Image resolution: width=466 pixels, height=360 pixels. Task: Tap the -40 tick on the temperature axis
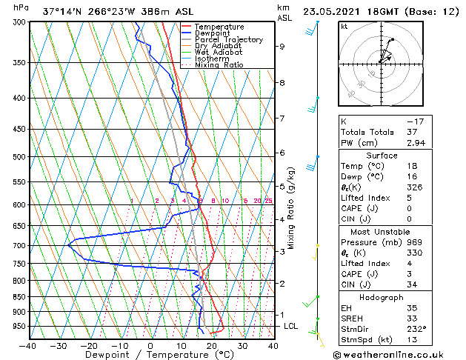28,345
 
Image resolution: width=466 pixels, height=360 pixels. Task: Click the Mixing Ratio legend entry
219,65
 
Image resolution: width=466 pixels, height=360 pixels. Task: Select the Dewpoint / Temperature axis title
150,355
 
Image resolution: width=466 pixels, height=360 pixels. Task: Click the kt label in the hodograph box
344,26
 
